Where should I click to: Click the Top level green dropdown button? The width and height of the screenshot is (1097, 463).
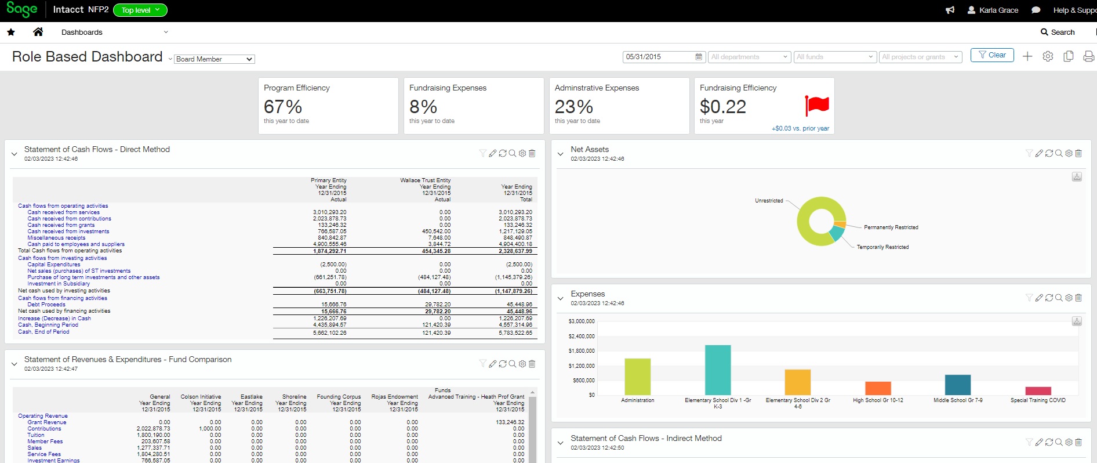(x=140, y=10)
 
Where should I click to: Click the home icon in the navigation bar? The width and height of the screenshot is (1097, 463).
(x=38, y=32)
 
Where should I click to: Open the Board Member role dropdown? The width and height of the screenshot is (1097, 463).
(x=214, y=59)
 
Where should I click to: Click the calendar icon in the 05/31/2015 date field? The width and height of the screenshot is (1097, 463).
(x=699, y=57)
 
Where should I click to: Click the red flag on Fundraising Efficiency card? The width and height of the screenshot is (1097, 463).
(x=817, y=106)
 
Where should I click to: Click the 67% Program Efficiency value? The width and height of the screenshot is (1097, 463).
(x=282, y=107)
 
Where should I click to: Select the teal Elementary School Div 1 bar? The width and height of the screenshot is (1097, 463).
(x=717, y=370)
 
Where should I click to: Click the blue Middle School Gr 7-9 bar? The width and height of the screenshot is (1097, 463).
(x=957, y=385)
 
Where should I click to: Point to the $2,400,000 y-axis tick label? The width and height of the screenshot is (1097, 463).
(x=581, y=336)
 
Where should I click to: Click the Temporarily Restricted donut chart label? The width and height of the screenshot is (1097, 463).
(x=882, y=247)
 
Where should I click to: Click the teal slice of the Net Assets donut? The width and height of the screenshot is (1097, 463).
(x=836, y=233)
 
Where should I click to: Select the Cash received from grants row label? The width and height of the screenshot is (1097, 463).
(x=61, y=225)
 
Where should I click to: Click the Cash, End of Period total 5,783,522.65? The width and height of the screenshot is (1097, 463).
(x=515, y=333)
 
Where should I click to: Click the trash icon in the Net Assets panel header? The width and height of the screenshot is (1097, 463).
(x=1078, y=153)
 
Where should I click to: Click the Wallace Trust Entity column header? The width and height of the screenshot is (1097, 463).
(x=425, y=180)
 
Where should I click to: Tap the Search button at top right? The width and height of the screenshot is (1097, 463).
(x=1058, y=32)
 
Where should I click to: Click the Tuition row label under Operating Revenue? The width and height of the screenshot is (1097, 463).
(x=36, y=435)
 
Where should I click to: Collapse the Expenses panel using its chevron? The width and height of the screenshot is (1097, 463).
(x=560, y=298)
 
